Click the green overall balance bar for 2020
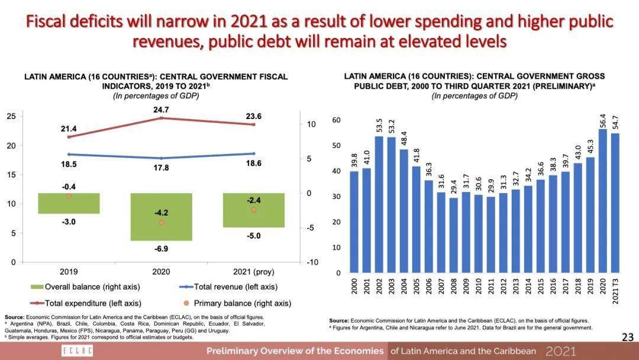[x=161, y=217]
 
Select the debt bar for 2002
[x=379, y=204]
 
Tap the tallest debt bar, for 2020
[x=602, y=201]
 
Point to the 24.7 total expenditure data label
[x=161, y=110]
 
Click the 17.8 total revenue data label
[x=161, y=168]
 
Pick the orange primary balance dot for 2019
[x=69, y=196]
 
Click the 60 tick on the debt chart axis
[x=337, y=120]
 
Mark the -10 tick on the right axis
[x=312, y=262]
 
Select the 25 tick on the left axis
[x=11, y=116]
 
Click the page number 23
[x=628, y=337]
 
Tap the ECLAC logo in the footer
[x=69, y=351]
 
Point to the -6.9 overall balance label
[x=161, y=249]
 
